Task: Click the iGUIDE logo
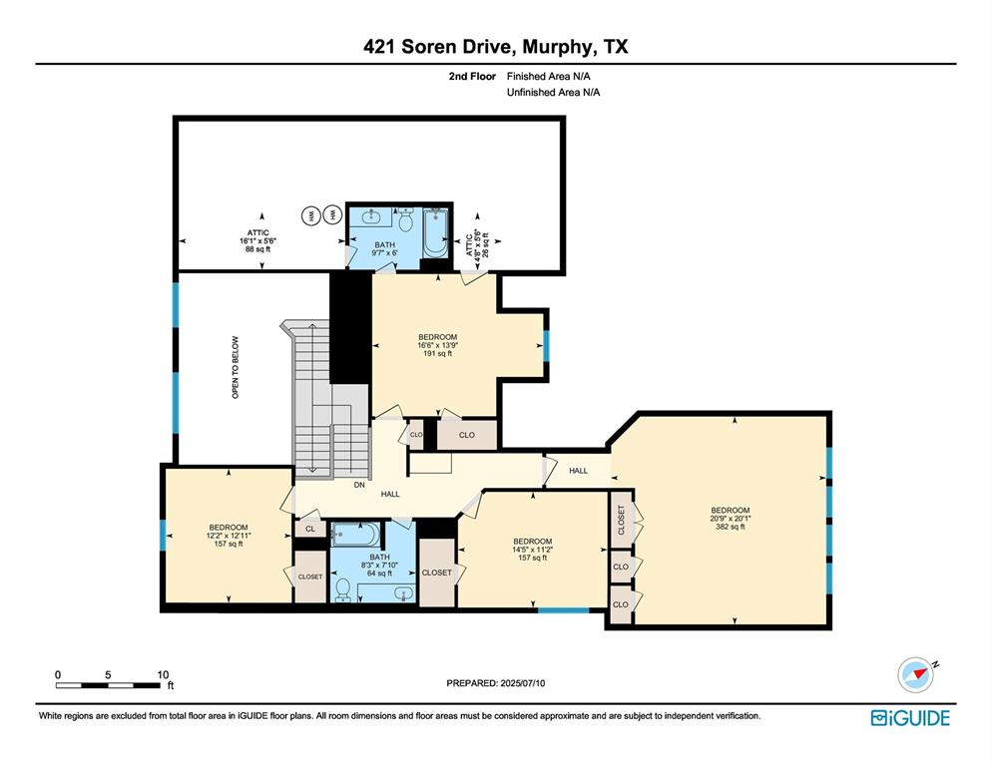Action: click(910, 717)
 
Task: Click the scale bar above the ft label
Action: click(110, 685)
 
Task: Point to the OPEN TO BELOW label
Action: click(236, 366)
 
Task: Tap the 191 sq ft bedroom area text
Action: click(437, 353)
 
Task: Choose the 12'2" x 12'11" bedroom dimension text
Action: click(229, 536)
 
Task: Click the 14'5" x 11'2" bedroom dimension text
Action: click(532, 550)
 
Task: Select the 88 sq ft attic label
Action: click(257, 249)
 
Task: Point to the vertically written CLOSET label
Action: click(621, 520)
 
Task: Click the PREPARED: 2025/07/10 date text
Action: click(495, 683)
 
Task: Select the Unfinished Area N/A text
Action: click(553, 92)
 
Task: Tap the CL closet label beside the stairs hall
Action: click(310, 530)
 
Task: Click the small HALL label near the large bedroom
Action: click(578, 470)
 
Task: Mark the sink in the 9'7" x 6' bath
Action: click(371, 215)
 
